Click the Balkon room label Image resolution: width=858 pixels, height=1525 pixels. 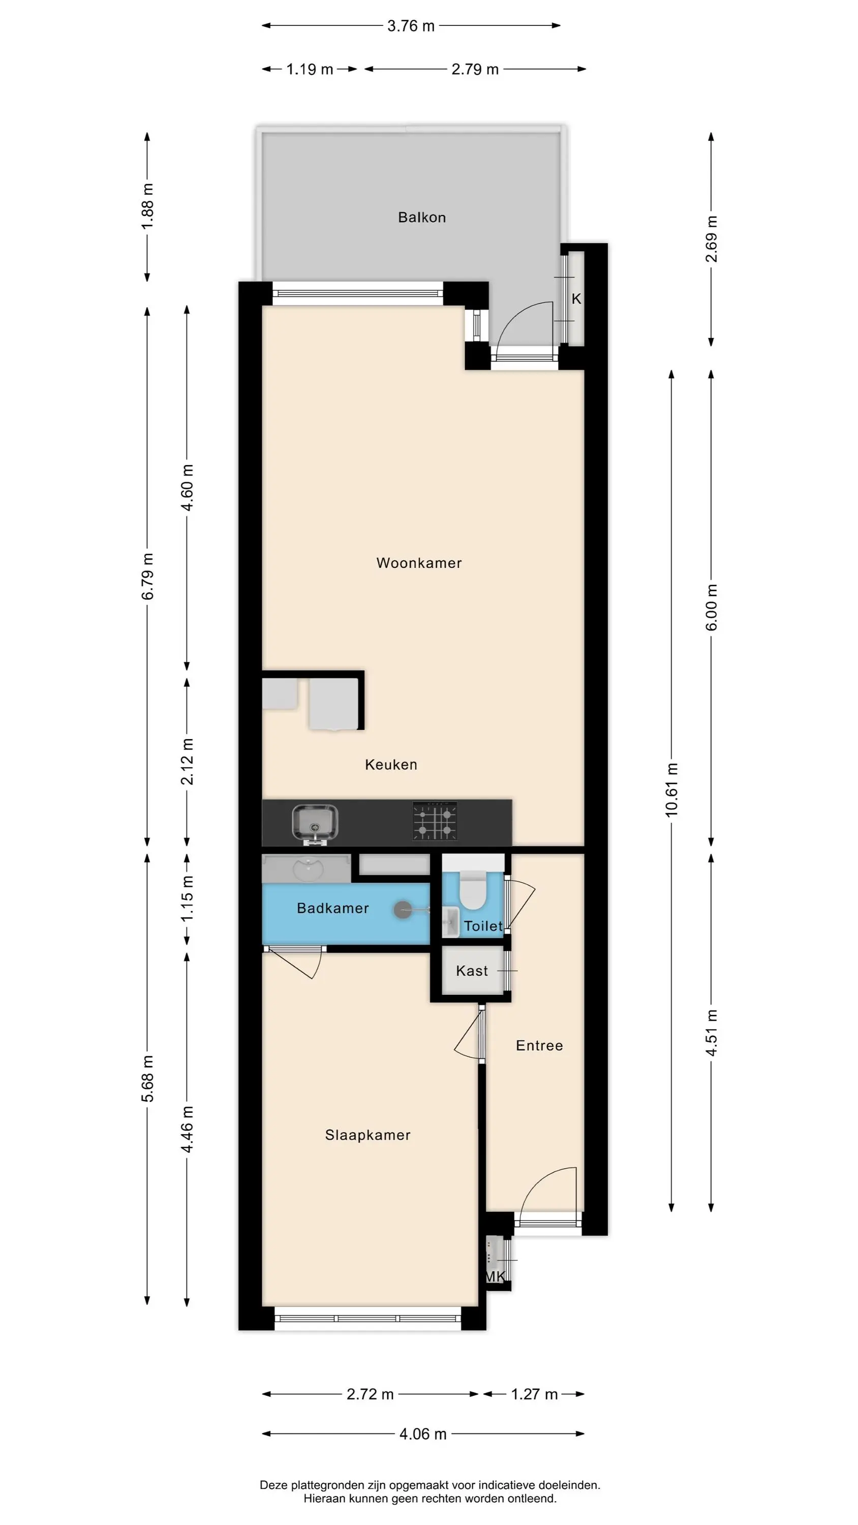click(421, 217)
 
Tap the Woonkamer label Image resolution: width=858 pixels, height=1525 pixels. click(419, 563)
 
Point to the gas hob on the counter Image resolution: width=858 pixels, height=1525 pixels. click(435, 821)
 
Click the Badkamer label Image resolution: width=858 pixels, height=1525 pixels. click(333, 908)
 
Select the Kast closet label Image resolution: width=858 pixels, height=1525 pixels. click(472, 971)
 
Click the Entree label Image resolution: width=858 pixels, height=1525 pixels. click(539, 1046)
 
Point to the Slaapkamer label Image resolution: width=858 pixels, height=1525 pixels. click(367, 1135)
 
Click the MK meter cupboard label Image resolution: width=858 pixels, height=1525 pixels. click(495, 1276)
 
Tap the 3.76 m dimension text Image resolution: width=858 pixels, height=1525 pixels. click(411, 26)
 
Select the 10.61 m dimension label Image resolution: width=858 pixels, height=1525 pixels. click(671, 790)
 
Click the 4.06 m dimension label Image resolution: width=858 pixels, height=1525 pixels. click(423, 1434)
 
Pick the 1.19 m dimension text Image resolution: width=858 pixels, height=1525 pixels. click(310, 69)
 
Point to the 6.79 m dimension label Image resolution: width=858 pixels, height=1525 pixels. click(147, 576)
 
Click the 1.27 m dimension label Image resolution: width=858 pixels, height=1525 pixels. click(534, 1394)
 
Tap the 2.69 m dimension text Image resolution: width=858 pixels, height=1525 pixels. click(711, 239)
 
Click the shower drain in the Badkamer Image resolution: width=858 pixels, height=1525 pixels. click(403, 910)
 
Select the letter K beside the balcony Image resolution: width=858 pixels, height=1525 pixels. click(576, 299)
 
